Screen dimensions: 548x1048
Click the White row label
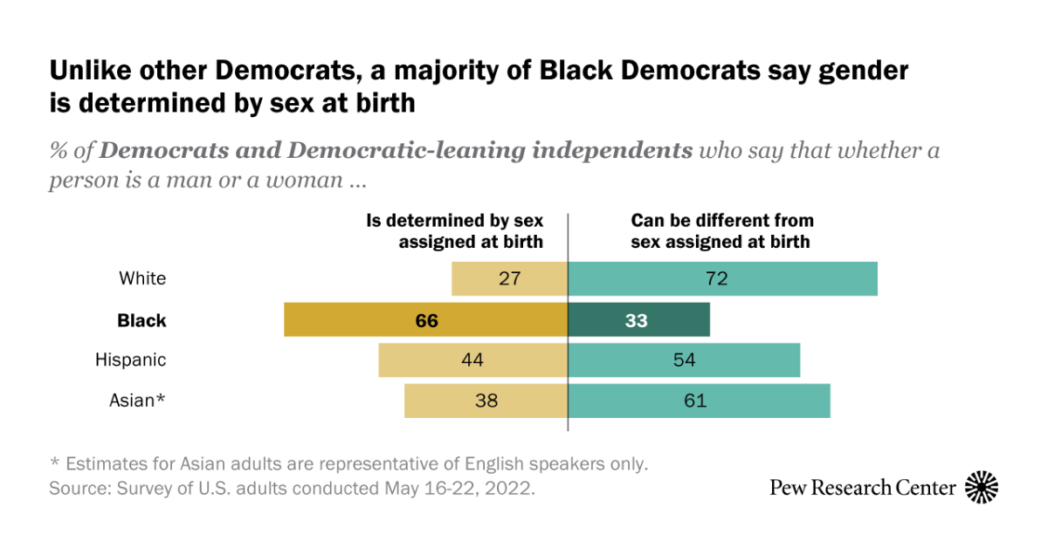(x=142, y=279)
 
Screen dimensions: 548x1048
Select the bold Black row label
(x=141, y=320)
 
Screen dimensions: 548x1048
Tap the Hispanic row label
(x=131, y=360)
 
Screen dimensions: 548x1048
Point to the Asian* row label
(x=137, y=401)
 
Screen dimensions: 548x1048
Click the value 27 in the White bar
(x=510, y=279)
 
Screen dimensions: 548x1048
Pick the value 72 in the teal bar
(x=716, y=279)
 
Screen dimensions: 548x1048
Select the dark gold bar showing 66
(x=426, y=320)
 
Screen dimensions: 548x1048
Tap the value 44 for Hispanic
(x=472, y=360)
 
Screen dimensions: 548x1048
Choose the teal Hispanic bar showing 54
(x=684, y=360)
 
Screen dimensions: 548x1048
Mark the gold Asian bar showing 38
(x=486, y=401)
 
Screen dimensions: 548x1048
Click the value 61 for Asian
(x=695, y=401)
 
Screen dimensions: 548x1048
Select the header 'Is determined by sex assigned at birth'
(x=454, y=231)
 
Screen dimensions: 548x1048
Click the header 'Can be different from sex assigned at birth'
(x=722, y=231)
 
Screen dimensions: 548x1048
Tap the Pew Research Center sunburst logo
(x=981, y=487)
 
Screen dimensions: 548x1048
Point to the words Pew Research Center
(x=862, y=488)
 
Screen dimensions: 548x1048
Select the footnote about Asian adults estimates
(x=348, y=463)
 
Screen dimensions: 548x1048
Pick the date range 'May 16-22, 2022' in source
(x=458, y=488)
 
